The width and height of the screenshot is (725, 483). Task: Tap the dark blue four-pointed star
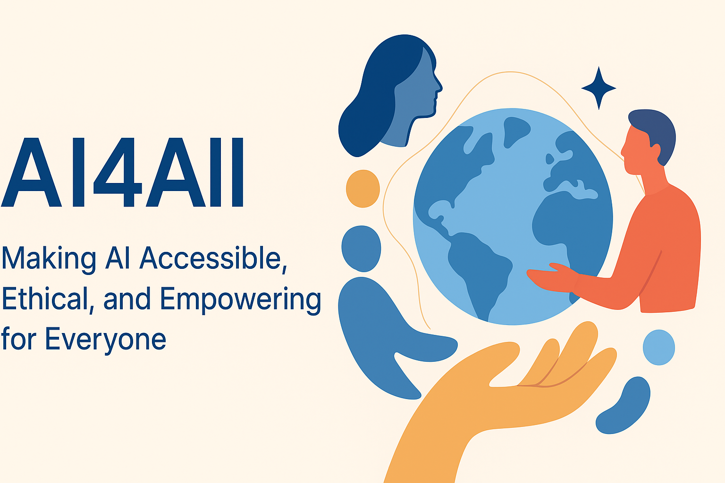[599, 88]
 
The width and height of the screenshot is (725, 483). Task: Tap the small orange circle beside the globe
[362, 189]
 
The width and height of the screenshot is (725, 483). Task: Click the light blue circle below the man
[658, 347]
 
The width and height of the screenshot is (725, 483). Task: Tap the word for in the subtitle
[18, 339]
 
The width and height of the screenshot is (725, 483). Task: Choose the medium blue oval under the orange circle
[361, 248]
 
